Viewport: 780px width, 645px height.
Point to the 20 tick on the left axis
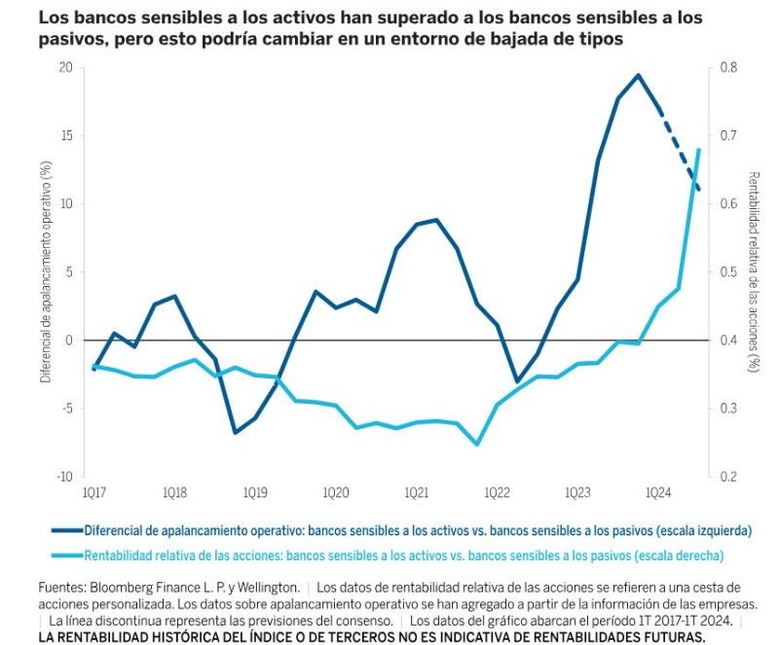[x=66, y=67]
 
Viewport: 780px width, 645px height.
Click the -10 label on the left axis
[x=64, y=477]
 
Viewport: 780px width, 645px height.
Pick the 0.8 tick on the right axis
[x=727, y=67]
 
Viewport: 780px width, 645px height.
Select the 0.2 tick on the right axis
[x=727, y=477]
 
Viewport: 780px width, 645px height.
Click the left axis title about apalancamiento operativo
[x=45, y=271]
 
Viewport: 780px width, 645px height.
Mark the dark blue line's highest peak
[x=638, y=75]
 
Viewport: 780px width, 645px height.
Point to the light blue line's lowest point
[x=477, y=445]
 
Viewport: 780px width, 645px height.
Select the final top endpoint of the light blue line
[x=699, y=150]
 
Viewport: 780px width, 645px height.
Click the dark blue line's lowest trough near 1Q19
[x=235, y=432]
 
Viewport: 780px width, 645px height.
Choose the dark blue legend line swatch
[x=66, y=532]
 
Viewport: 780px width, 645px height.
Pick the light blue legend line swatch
[x=66, y=555]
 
